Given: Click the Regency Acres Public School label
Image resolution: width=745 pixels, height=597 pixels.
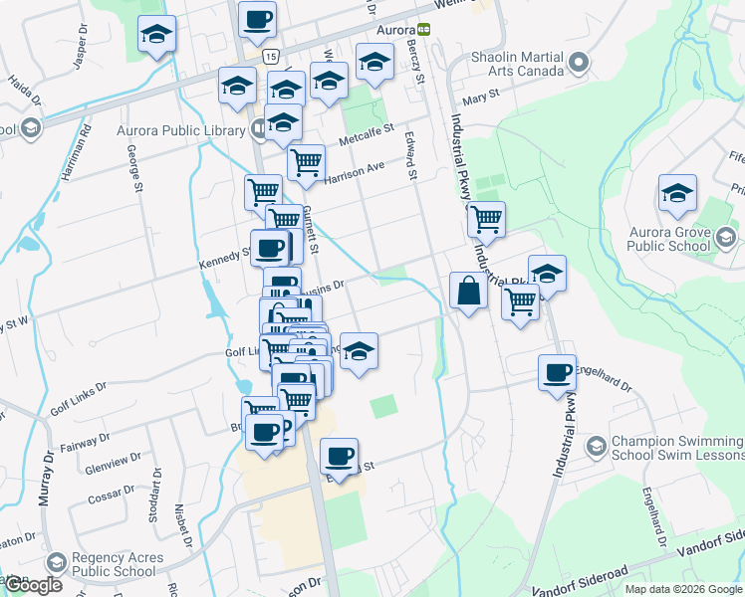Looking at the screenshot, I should coord(114,565).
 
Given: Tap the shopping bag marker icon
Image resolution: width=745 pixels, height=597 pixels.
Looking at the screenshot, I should coord(468,292).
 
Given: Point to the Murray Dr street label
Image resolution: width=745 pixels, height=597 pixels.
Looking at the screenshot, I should coord(46,478).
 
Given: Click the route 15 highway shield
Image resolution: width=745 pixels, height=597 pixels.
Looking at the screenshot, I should coord(272,57).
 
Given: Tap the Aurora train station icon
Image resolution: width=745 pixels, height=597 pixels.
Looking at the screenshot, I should coord(423,30).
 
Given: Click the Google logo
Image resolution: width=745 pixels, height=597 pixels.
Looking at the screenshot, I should coord(33,585).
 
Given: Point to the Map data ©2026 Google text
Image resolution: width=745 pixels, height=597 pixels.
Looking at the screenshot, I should coord(683,589).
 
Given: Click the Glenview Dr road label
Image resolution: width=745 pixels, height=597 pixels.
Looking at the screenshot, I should coord(107,465).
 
